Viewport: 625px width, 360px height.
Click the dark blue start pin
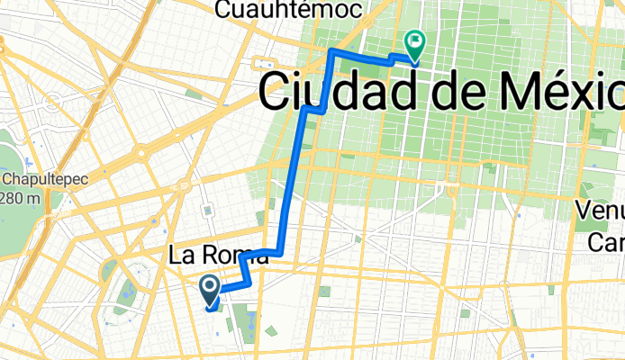[x=210, y=289]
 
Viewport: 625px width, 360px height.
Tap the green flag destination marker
[x=415, y=41]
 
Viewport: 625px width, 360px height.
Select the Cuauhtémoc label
[x=288, y=10]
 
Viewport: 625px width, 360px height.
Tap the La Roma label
[x=218, y=256]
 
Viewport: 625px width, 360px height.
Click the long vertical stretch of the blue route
[x=293, y=180]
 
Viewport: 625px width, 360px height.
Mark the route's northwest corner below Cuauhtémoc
[x=333, y=53]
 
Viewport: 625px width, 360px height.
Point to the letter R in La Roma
[x=205, y=256]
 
